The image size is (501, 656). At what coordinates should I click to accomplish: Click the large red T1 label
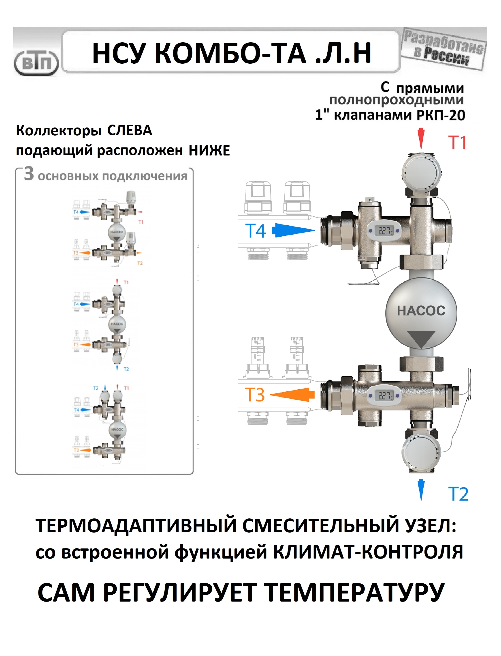(x=457, y=143)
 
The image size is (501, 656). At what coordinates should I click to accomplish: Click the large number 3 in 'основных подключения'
(x=29, y=174)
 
